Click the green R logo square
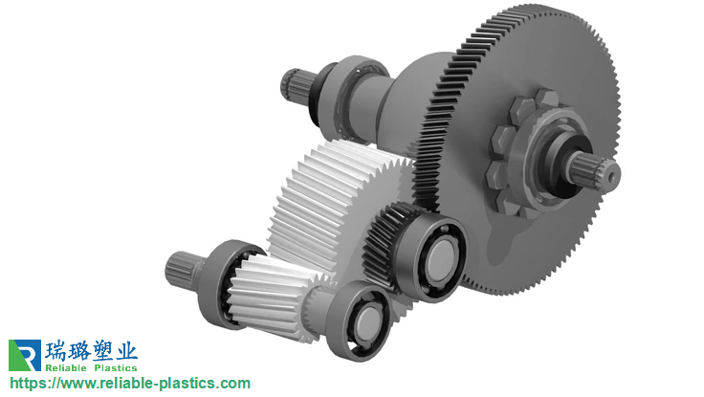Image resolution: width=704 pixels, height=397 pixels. coord(25,355)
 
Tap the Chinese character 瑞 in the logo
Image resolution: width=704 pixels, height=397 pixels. coord(55,351)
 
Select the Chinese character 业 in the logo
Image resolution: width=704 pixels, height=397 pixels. coord(126,351)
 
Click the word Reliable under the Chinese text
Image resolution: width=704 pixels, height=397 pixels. coord(66,367)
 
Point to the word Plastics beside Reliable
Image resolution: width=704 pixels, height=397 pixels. coord(116,367)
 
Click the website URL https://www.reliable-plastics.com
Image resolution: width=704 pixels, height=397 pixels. coord(130,384)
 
